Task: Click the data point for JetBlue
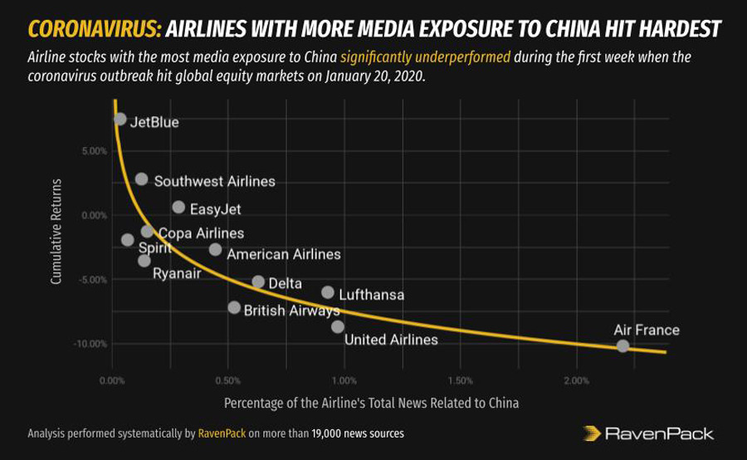(120, 119)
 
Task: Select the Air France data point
(622, 345)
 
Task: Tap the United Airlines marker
(338, 326)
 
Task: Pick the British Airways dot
(234, 307)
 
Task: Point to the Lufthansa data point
(328, 292)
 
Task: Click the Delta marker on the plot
(258, 282)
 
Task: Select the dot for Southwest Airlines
(141, 179)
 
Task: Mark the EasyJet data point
(178, 207)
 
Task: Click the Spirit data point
(127, 240)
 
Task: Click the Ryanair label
(176, 273)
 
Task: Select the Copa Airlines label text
(201, 233)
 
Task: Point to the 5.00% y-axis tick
(93, 151)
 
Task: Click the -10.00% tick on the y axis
(90, 344)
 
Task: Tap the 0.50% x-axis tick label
(227, 381)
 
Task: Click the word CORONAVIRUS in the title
(94, 30)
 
